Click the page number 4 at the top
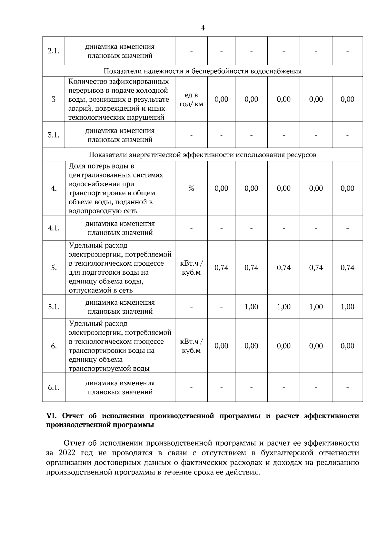pyautogui.click(x=203, y=28)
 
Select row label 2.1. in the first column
pyautogui.click(x=54, y=51)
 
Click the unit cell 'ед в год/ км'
pyautogui.click(x=191, y=99)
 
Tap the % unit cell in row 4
pyautogui.click(x=191, y=188)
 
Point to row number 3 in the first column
pyautogui.click(x=54, y=99)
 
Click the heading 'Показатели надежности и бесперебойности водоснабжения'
pyautogui.click(x=203, y=71)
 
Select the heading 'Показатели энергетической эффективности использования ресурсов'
pyautogui.click(x=203, y=155)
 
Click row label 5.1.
pyautogui.click(x=54, y=307)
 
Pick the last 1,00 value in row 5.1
pyautogui.click(x=347, y=307)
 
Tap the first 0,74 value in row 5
pyautogui.click(x=221, y=268)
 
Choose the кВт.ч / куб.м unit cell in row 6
pyautogui.click(x=191, y=346)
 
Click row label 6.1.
pyautogui.click(x=54, y=388)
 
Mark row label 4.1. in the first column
pyautogui.click(x=54, y=228)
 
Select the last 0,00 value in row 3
pyautogui.click(x=347, y=99)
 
